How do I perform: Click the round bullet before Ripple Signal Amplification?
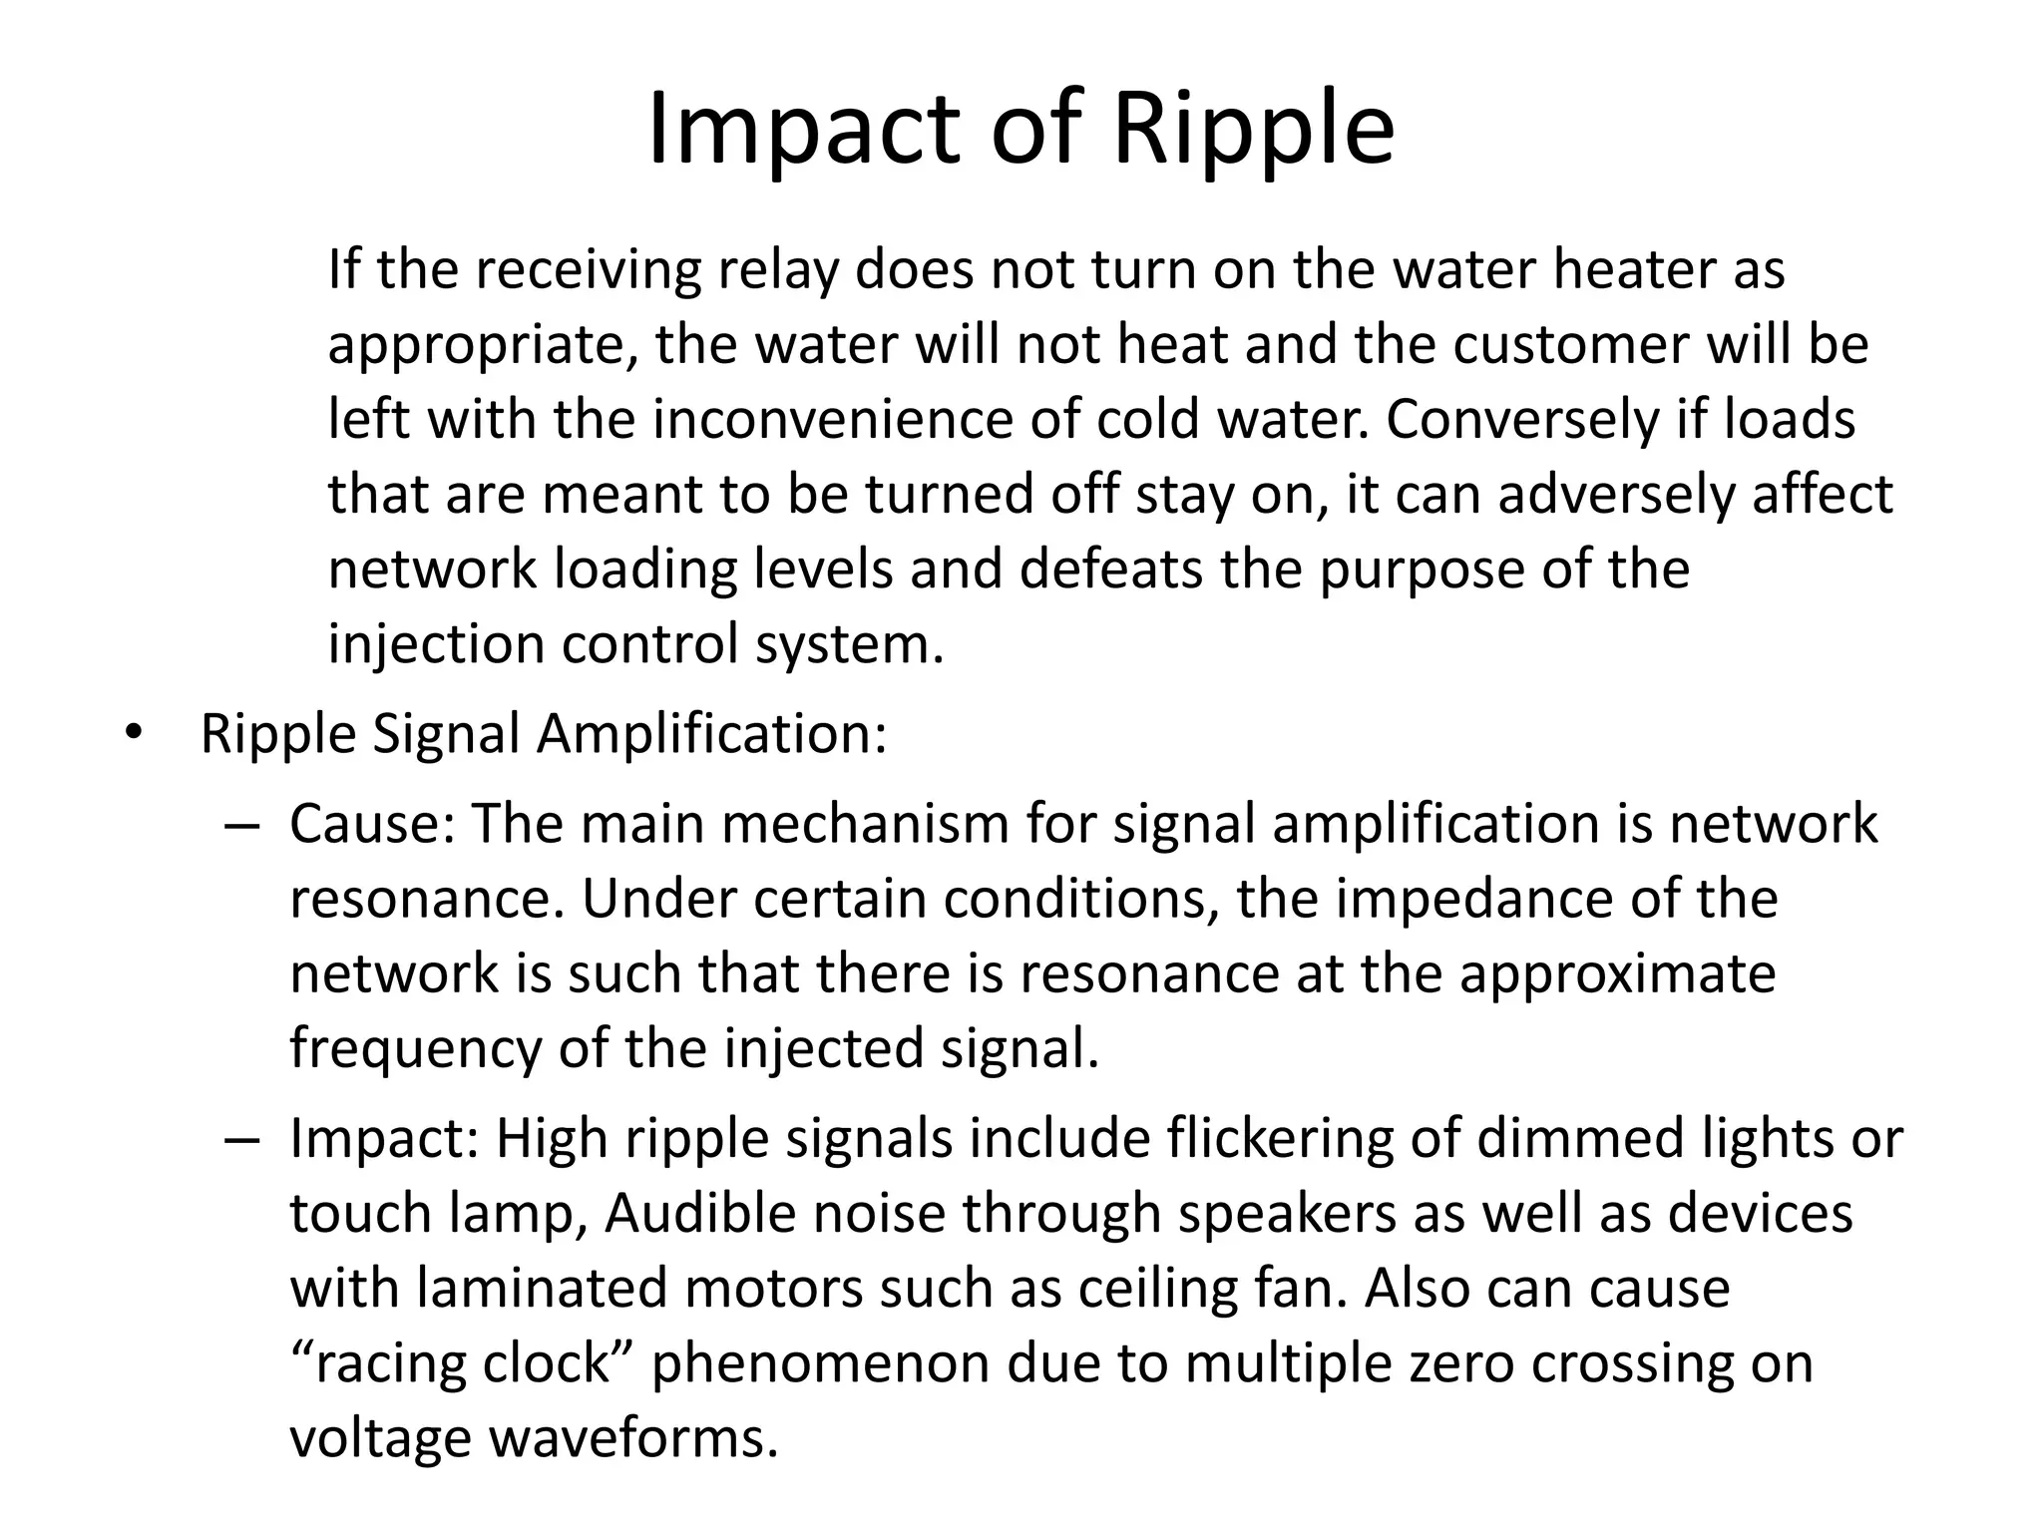134,736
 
